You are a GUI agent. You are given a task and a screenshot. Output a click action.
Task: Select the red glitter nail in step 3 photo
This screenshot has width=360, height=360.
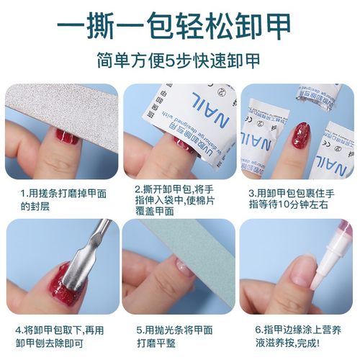(300, 136)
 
